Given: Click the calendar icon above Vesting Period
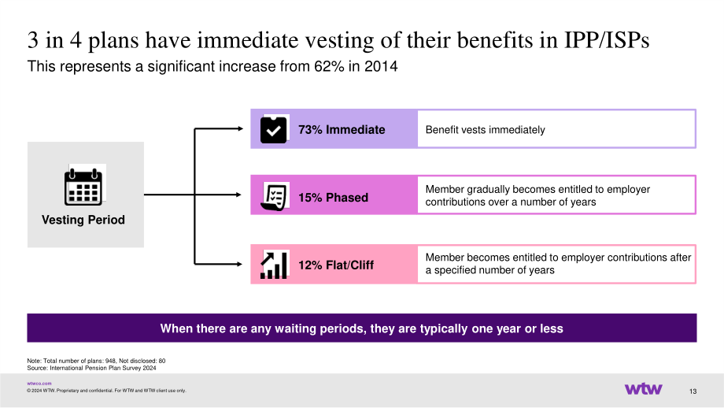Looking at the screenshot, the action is coord(83,187).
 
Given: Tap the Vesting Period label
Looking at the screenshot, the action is coord(83,220).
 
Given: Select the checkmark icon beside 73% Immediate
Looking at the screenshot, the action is coord(273,130).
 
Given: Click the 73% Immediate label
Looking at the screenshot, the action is coord(342,130).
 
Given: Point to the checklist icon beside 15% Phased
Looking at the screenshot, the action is coord(274,197).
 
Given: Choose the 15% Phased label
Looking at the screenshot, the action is coord(334,198).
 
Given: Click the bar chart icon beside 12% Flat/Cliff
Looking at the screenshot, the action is coord(274,265).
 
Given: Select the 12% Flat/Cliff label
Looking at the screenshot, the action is coord(336,265).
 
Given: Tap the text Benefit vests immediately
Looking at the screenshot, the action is coord(486,130).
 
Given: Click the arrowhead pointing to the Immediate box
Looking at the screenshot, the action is coord(240,128).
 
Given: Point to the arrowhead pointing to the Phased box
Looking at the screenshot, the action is coord(238,195).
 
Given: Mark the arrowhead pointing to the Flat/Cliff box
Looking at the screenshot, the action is coord(239,264).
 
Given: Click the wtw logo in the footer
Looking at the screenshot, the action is coord(643,388).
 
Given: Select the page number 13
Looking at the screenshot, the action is coord(693,391).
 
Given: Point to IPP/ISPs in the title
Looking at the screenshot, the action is coord(607,39).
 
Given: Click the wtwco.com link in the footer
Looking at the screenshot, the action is coord(39,384).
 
